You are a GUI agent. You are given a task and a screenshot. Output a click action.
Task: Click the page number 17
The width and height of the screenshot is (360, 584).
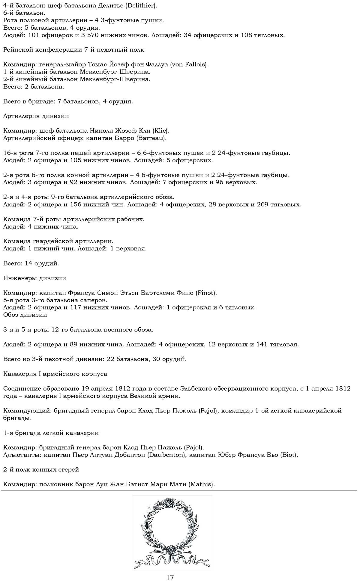coord(170,577)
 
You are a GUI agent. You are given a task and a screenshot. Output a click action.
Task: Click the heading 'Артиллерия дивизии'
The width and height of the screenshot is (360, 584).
coord(36,116)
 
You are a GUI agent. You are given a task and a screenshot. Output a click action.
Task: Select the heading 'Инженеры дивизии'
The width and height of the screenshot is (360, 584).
coord(34,278)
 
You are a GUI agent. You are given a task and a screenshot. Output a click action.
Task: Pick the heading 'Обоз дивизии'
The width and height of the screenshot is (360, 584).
coord(25,315)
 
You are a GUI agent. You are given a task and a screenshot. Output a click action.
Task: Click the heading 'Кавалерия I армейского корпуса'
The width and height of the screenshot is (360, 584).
coord(55,374)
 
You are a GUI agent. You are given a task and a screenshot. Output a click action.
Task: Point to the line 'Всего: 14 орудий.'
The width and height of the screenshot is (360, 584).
coord(31,263)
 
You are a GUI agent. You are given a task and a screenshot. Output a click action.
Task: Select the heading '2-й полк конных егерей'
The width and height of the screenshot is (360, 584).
coord(41,469)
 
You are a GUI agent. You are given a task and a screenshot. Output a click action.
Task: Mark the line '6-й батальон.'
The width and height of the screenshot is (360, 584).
coord(24,13)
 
